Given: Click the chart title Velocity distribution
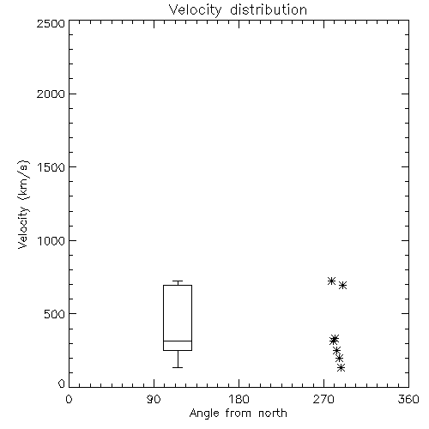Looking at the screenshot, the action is (238, 9).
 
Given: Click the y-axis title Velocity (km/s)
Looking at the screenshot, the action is (23, 204).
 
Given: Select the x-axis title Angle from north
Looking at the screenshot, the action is (238, 414).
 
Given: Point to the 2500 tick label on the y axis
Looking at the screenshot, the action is (51, 23).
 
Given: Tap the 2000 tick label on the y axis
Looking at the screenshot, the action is (51, 94).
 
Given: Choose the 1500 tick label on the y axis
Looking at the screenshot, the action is (51, 167).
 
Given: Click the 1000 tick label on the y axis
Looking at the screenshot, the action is (51, 240).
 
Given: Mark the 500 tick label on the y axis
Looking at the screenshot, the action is (55, 314).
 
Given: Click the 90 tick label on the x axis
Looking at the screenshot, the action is (154, 399).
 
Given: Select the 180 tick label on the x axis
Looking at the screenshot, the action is (238, 399).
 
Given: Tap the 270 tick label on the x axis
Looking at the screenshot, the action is (323, 399).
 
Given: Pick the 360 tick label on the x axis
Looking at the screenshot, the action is (408, 399).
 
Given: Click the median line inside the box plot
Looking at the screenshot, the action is (178, 341).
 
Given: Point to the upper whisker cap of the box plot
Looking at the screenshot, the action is (178, 281).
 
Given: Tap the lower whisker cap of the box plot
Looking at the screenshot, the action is (178, 367).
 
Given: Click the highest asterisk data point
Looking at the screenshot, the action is (331, 281).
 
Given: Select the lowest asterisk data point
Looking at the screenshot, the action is (341, 367).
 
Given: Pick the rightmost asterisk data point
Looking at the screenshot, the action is (343, 285).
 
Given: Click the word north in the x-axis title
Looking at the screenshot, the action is (273, 414).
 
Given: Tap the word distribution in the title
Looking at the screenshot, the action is (269, 9).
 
